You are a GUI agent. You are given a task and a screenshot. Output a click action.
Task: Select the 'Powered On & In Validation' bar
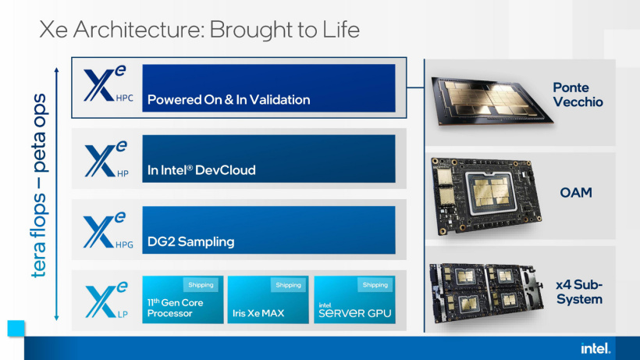point(268,88)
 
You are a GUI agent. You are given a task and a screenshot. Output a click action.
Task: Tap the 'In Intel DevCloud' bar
point(268,159)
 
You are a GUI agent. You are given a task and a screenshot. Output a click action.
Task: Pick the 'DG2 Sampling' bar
point(268,230)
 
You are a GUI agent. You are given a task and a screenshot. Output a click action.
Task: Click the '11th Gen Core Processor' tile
point(183,300)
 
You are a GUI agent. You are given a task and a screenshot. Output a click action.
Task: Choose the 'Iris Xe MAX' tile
point(268,300)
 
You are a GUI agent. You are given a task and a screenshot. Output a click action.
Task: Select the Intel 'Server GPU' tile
point(354,300)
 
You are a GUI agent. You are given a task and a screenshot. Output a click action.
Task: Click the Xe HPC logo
point(106,87)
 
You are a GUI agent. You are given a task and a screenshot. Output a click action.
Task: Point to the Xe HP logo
point(106,159)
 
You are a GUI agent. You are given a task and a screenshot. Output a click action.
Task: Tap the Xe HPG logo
point(106,230)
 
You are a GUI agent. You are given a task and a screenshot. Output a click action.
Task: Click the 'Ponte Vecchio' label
point(578,94)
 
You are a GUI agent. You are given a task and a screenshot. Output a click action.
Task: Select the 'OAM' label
point(577,192)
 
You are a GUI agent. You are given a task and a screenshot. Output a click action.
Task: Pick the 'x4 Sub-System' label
point(579,292)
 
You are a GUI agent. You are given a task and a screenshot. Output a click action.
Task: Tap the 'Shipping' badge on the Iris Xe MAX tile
point(288,285)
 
